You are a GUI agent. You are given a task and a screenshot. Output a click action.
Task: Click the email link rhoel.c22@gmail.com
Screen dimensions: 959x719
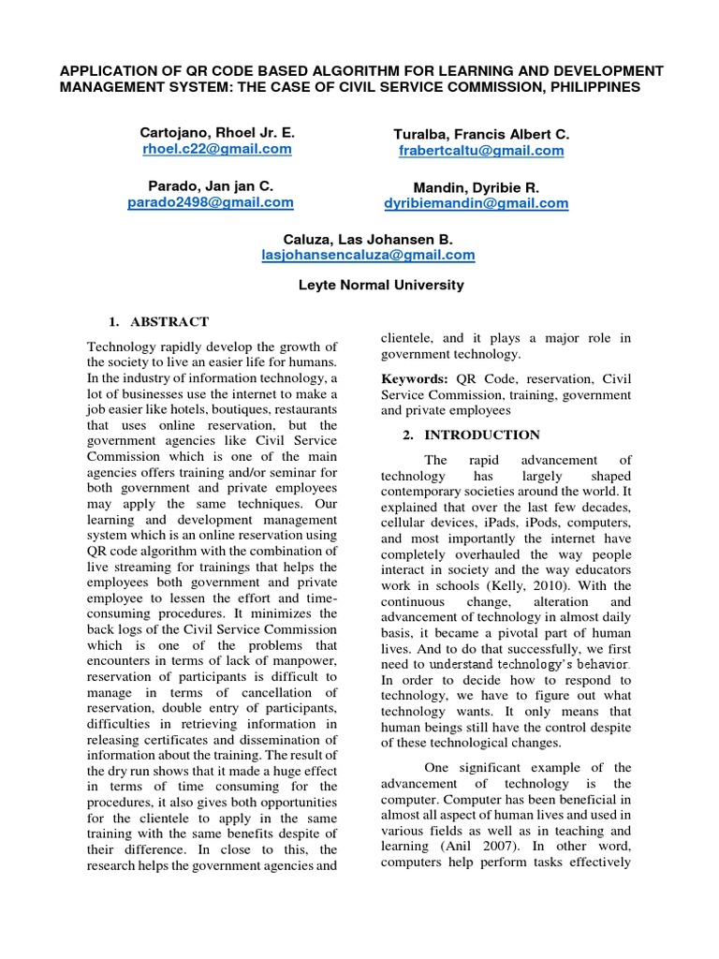tap(217, 149)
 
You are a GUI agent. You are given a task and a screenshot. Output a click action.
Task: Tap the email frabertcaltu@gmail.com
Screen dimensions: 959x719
tap(481, 150)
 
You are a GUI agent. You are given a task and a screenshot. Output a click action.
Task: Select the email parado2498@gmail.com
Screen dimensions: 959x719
tap(211, 202)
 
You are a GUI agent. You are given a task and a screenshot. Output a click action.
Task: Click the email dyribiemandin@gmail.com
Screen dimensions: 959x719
tap(476, 203)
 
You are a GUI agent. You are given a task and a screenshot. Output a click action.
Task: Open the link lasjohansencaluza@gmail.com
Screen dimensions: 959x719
tap(368, 255)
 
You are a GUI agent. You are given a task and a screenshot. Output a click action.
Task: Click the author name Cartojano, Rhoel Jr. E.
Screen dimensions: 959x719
tap(217, 133)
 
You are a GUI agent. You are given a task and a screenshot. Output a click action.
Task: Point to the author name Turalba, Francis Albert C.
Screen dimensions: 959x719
tap(481, 134)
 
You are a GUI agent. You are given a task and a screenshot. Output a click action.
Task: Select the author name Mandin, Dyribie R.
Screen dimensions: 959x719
tap(476, 187)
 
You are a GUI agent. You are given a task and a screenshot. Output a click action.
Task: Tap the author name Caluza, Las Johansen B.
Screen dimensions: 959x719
tap(368, 240)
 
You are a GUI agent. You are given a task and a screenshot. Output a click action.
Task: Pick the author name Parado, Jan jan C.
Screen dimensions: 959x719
tap(211, 186)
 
